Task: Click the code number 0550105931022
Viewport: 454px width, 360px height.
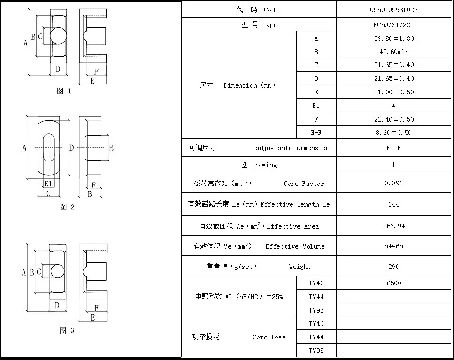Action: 393,9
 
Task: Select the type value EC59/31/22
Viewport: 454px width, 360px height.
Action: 393,25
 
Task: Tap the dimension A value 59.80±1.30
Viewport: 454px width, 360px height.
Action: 393,38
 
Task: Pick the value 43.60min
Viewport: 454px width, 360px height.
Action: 393,52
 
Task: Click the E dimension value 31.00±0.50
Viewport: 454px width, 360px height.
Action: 393,92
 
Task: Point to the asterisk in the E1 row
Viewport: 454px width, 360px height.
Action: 393,106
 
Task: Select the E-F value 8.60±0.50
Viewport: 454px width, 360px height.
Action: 393,133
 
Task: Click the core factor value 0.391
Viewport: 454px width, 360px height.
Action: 393,183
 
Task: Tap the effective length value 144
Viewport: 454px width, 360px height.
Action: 393,204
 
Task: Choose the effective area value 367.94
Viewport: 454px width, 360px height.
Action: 393,226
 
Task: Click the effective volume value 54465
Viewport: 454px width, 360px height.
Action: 393,246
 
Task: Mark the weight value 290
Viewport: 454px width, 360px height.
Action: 393,267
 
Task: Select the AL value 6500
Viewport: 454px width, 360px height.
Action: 393,283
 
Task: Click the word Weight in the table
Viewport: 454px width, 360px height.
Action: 300,267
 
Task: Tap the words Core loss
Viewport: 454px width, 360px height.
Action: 268,337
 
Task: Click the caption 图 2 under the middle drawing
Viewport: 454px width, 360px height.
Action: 67,207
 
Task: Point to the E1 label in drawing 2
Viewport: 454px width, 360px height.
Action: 48,184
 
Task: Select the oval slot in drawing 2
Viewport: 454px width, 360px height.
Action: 48,148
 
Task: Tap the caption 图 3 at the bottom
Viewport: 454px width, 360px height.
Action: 67,330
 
